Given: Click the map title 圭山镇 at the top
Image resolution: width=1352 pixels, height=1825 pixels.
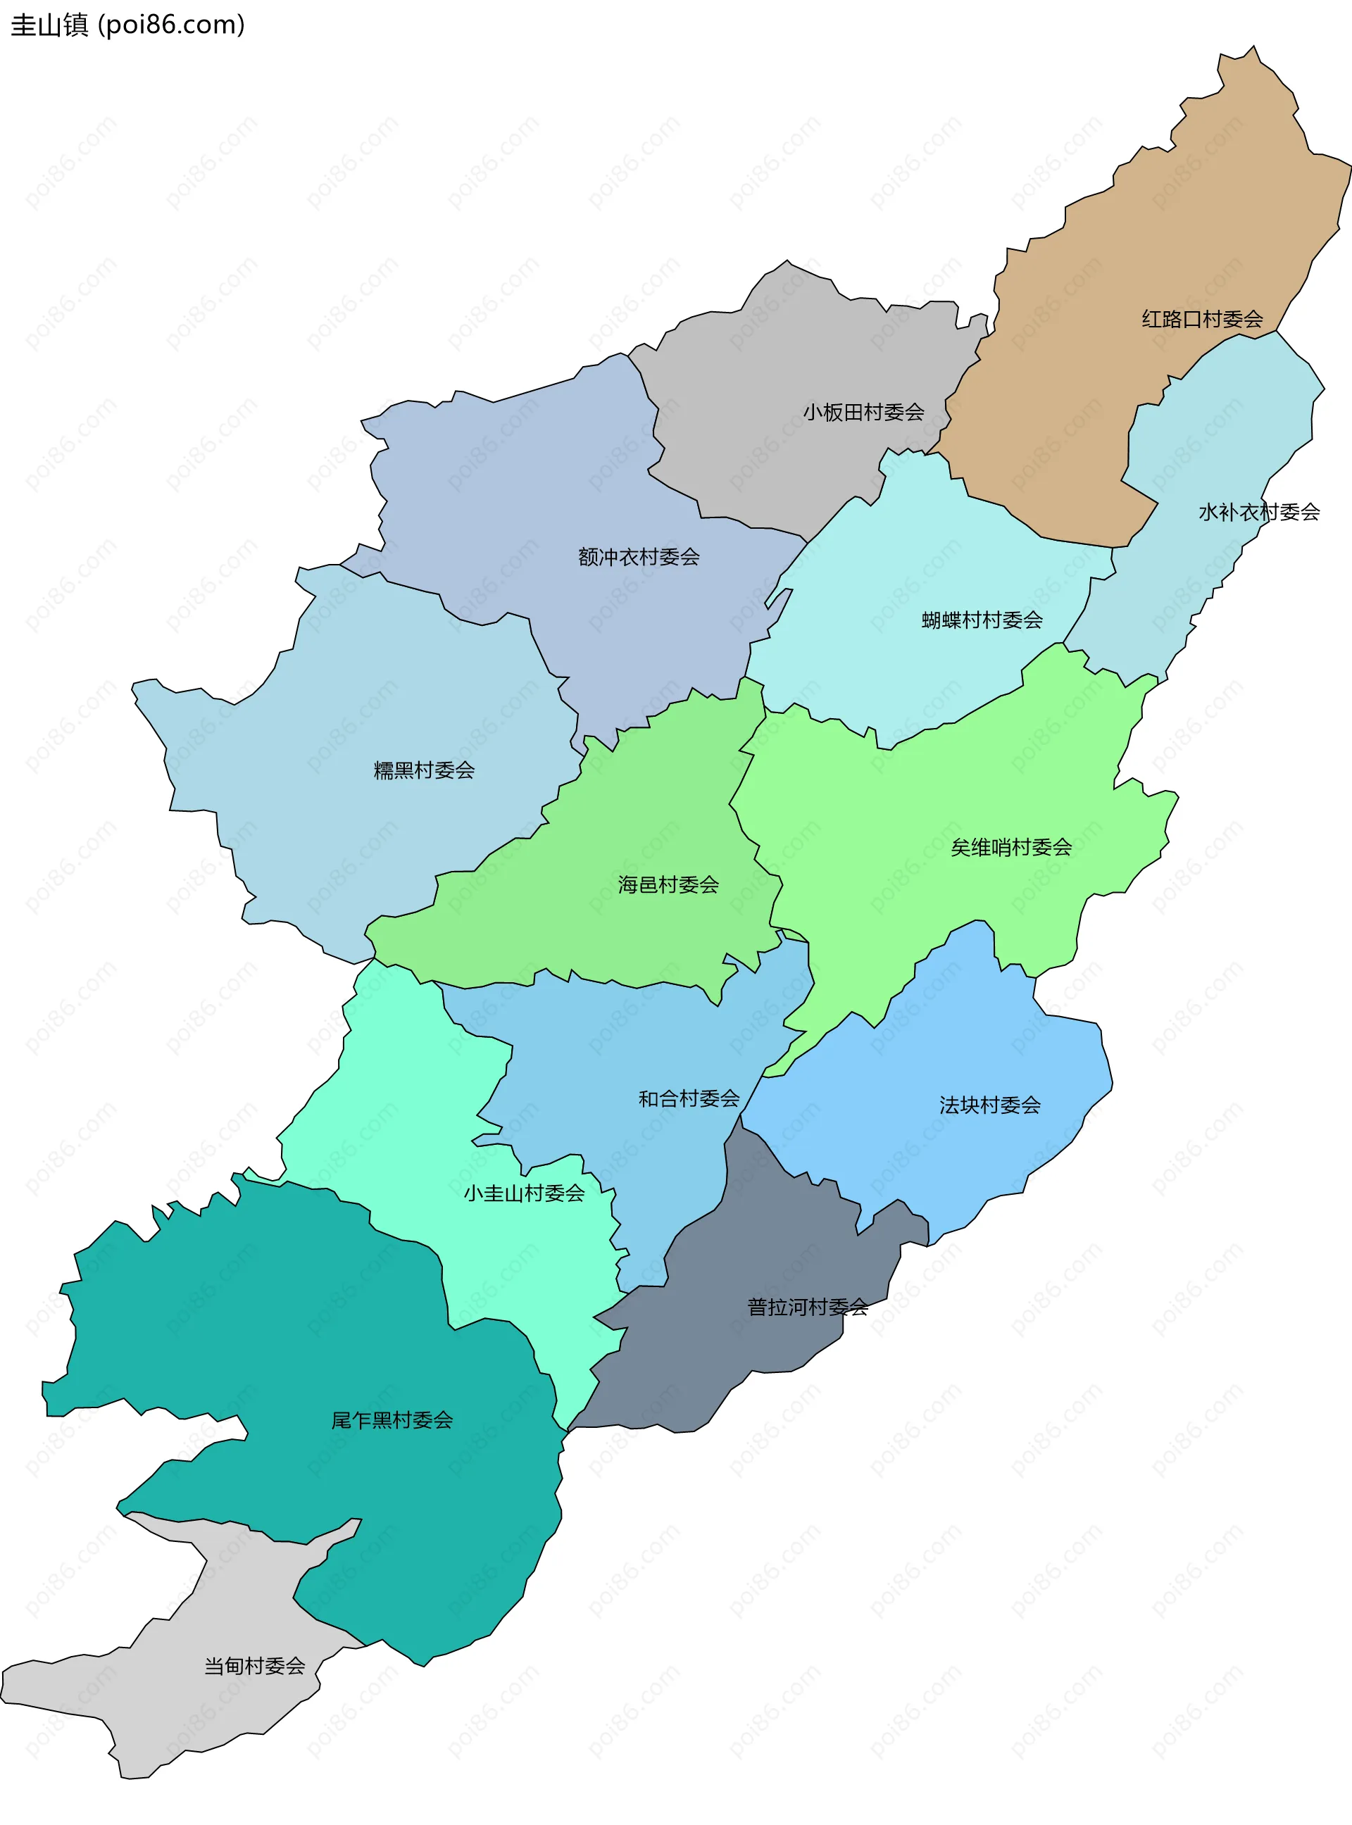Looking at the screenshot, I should coord(49,25).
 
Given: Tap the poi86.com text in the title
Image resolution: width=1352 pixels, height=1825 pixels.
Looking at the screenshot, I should coord(171,25).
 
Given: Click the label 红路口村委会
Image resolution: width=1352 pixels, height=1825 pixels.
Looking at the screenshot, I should coord(1201,319).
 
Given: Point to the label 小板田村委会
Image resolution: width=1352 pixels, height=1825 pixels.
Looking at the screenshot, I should coord(863,413).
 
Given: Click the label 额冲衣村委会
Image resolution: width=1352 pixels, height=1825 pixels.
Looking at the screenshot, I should coord(639,558).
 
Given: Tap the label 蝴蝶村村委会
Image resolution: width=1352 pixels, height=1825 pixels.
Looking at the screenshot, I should coord(982,620).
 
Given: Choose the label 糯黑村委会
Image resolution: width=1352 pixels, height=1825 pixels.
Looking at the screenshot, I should coord(424,770).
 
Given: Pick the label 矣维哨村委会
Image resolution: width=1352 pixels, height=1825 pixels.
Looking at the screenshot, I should coord(1010,848).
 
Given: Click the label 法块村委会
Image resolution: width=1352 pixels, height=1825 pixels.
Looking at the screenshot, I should coord(989,1105).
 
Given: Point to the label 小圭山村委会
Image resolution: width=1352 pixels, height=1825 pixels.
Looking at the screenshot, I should coord(524,1193).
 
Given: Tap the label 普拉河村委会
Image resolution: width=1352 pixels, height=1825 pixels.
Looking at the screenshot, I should coord(807,1307).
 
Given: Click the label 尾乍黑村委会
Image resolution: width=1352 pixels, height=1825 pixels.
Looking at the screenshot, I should coord(392,1420).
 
